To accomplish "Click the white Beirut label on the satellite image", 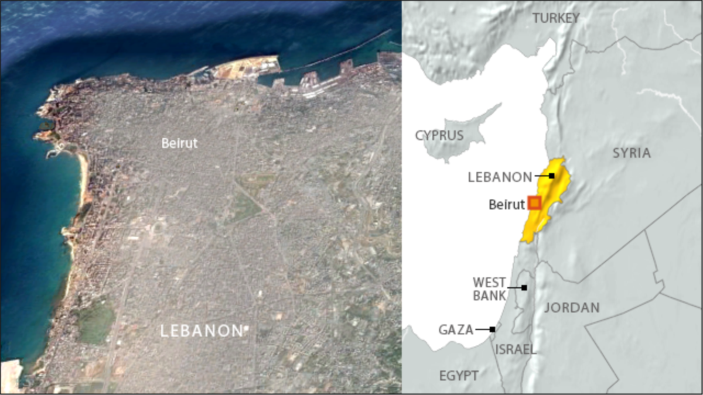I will coord(179,143).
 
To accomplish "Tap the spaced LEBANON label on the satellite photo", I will coord(200,331).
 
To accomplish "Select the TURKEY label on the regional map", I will coord(555,18).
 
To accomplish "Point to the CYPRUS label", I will coord(439,136).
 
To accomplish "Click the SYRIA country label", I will coord(632,153).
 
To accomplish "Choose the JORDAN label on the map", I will coord(572,308).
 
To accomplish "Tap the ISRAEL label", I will coord(516,350).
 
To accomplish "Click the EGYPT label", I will coord(459,375).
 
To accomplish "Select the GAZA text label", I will coord(456,330).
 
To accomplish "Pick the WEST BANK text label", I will coord(489,289).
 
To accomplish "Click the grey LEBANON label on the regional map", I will coord(500,177).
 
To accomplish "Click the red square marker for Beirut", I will coord(534,203).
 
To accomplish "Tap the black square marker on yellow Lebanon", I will coord(551,176).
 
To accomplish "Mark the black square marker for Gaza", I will coord(492,329).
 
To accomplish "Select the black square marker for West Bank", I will coord(524,288).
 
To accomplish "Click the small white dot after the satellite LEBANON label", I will coord(246,328).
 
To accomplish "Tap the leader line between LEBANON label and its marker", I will coord(541,176).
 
